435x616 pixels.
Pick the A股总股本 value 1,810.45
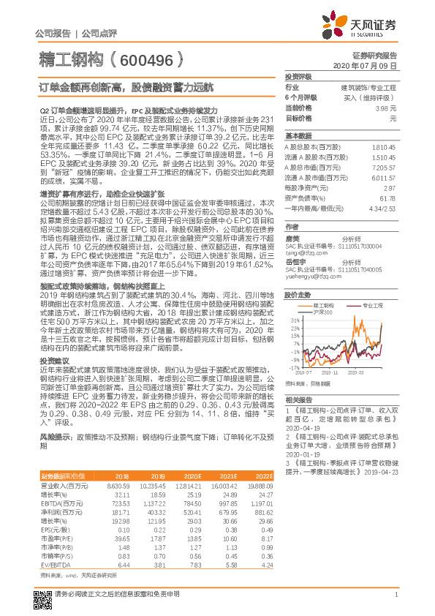(x=385, y=146)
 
